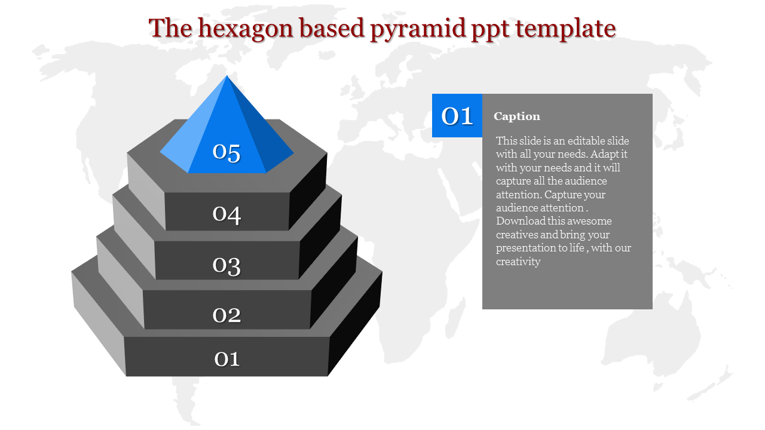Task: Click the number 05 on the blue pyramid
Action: (227, 152)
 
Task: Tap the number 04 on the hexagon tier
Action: (227, 214)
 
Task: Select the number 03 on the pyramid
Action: (227, 266)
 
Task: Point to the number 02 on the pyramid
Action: (227, 315)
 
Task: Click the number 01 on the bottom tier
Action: (227, 359)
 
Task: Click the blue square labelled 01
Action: (457, 116)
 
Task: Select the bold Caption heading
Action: (517, 116)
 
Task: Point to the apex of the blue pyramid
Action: (227, 75)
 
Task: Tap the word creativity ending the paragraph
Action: (518, 262)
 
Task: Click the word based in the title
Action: (332, 28)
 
